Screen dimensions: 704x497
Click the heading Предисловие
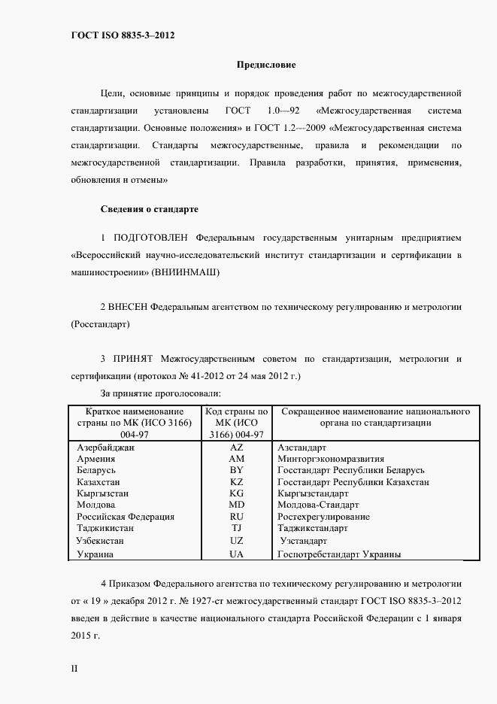coord(267,65)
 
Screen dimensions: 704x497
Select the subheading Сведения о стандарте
coord(149,208)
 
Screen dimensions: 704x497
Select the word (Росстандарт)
coord(99,324)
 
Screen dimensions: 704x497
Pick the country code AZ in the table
coord(236,446)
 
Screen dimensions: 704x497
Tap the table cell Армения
coord(96,458)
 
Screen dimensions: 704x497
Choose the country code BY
coord(236,469)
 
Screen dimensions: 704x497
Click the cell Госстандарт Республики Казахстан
coord(353,481)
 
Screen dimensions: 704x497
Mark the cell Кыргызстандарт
coord(317,493)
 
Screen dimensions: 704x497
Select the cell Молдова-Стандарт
coord(319,505)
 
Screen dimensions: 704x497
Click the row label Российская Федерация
coord(126,517)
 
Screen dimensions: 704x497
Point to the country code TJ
coord(236,528)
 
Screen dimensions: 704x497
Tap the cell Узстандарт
coord(303,540)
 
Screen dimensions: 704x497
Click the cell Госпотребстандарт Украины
coord(339,554)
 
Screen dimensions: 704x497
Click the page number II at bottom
coord(74,668)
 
